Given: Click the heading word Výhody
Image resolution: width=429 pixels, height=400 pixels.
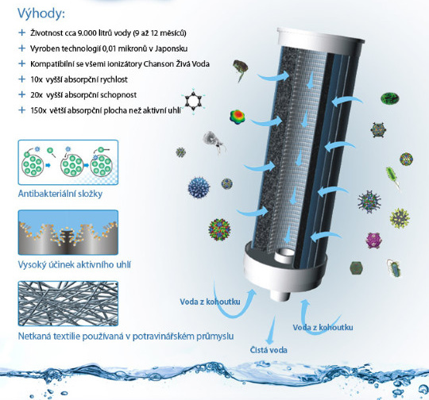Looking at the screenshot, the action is [x=41, y=13].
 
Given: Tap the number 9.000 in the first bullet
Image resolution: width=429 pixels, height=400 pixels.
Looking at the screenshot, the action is [x=87, y=33].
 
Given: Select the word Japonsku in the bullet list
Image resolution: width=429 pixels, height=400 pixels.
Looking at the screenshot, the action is [x=171, y=48].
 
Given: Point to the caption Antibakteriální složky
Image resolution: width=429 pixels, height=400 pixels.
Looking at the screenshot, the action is [x=60, y=194].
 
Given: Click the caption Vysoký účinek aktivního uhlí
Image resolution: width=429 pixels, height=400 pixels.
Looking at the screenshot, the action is [x=74, y=264].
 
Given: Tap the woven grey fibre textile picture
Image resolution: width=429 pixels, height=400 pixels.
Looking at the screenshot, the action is [x=68, y=303].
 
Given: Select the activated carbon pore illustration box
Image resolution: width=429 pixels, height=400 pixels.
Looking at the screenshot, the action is [x=68, y=233].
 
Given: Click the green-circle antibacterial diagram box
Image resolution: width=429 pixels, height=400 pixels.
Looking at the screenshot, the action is [x=68, y=162].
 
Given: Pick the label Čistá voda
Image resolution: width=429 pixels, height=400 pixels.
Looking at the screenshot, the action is [x=269, y=350].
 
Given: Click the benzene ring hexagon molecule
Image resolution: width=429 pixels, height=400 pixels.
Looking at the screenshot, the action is [x=193, y=101].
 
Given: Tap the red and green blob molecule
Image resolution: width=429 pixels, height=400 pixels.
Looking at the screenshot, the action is [x=238, y=117].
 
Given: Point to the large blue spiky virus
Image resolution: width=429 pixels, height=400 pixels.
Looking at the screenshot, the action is [x=199, y=187].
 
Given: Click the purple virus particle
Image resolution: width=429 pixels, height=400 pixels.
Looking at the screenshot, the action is [x=374, y=240].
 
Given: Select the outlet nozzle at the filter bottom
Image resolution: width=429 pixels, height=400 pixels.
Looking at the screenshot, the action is [x=280, y=294].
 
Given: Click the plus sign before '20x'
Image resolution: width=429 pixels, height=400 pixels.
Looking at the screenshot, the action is [x=21, y=94].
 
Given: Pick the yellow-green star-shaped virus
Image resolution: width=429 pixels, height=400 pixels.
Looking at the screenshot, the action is [x=400, y=218].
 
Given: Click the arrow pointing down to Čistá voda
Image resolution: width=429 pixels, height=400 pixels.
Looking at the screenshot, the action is [x=271, y=330].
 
